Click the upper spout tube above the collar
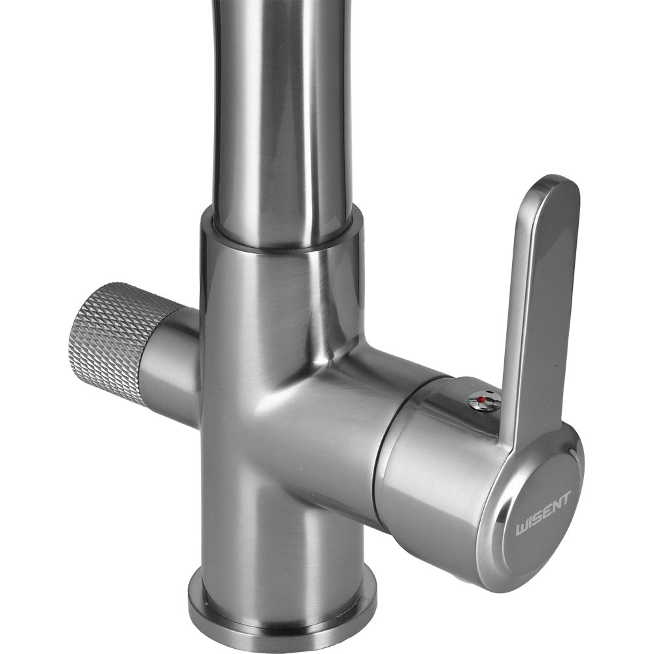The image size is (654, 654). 284,117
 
